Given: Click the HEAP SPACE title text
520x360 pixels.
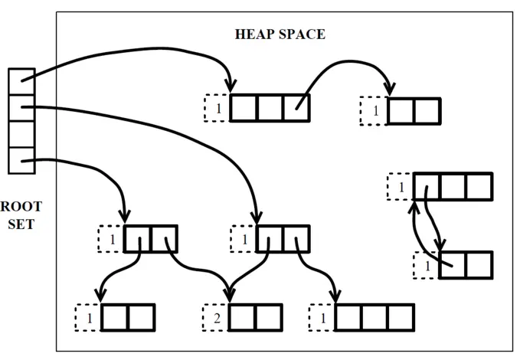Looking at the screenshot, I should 279,34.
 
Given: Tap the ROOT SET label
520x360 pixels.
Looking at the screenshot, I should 20,215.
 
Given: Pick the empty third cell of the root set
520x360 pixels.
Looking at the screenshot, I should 21,134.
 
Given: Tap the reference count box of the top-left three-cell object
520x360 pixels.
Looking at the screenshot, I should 217,108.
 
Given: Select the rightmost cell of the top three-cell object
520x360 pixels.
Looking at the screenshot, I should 296,108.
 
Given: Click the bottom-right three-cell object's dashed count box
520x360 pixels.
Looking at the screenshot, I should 322,316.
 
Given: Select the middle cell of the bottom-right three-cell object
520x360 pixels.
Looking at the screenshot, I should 374,316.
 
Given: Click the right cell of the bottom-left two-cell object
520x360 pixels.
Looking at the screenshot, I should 141,316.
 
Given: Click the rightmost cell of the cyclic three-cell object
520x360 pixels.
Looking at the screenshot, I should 479,186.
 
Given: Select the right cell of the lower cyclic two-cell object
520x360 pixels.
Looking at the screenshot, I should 479,265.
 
